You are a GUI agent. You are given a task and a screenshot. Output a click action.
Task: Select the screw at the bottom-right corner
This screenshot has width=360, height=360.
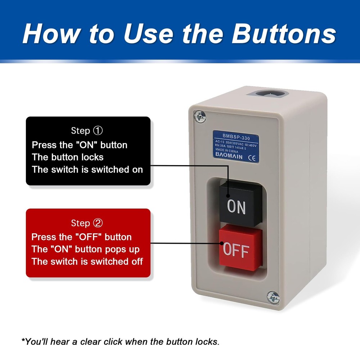[273, 297]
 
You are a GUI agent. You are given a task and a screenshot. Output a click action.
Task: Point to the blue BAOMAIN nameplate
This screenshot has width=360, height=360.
[236, 145]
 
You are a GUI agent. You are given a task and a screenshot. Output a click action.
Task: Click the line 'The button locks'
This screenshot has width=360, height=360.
[68, 157]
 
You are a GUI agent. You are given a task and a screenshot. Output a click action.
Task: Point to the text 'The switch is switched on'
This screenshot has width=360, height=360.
[87, 170]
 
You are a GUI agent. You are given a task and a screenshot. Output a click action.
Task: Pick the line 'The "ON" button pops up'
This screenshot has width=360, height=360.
[85, 249]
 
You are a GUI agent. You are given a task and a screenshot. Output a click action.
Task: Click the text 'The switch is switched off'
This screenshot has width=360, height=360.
[87, 261]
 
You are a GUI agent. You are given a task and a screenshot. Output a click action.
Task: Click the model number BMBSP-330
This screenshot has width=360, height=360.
[236, 137]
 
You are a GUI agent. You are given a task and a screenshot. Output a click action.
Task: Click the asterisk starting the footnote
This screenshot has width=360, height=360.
[23, 340]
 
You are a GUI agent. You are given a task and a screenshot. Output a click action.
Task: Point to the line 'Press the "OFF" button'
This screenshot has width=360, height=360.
[81, 237]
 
